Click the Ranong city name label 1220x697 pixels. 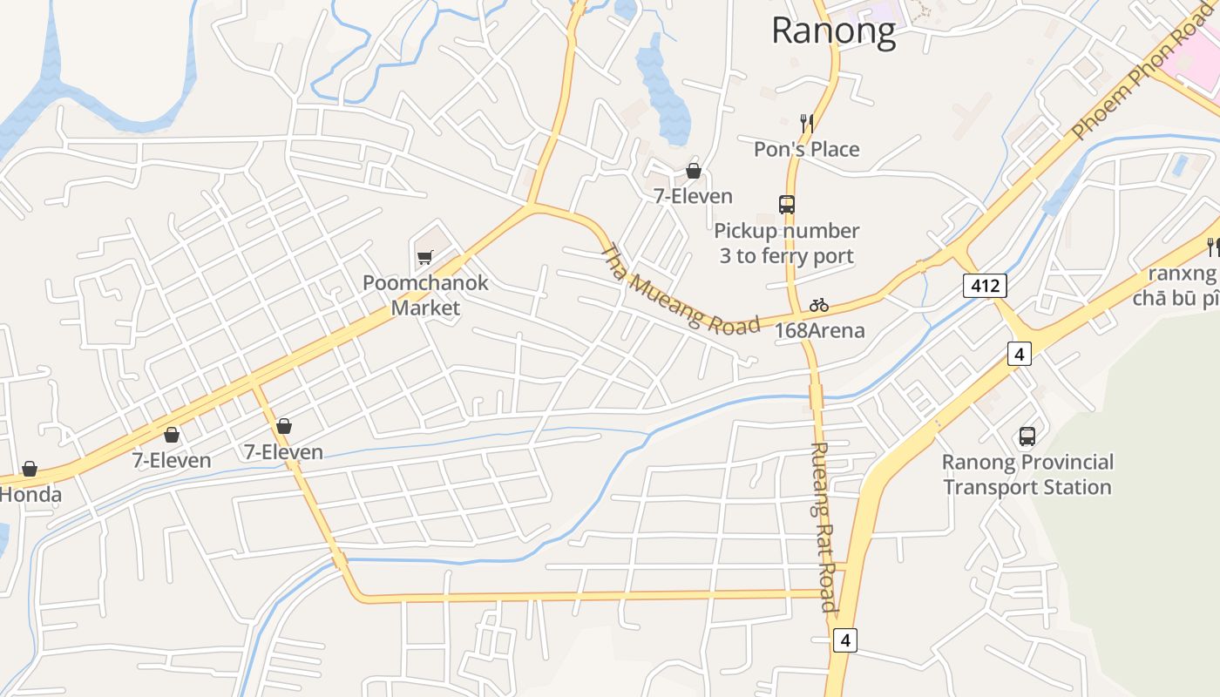point(833,31)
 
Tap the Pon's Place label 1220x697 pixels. point(806,149)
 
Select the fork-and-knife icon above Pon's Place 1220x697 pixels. point(807,123)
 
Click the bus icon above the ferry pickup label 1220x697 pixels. point(787,205)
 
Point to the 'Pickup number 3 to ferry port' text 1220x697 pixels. point(786,243)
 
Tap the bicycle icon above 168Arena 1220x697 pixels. point(818,305)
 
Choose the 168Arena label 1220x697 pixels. point(819,330)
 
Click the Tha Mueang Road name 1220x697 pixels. point(680,289)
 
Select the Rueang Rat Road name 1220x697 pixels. point(823,526)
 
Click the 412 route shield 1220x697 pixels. point(985,285)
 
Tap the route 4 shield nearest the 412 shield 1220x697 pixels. point(1019,354)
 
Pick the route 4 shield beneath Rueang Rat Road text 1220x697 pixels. point(844,641)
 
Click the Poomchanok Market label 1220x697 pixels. point(425,295)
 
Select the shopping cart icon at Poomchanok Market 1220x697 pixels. point(424,257)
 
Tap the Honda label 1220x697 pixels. point(31,495)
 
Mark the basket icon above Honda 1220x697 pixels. point(30,469)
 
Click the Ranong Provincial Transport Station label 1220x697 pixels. point(1027,474)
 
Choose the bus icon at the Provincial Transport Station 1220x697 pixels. point(1027,436)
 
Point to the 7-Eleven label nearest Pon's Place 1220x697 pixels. point(694,196)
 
